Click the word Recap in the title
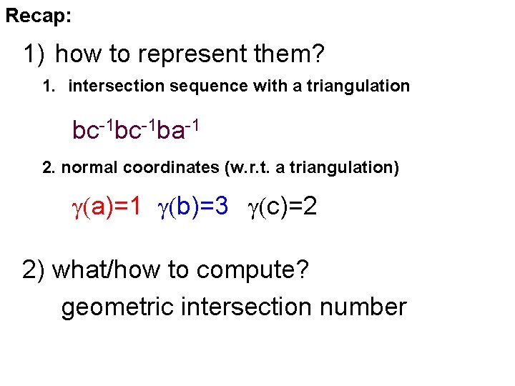coord(37,16)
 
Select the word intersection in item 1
coord(113,86)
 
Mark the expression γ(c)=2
coord(283,207)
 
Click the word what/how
coord(97,270)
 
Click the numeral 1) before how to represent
coord(34,54)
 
